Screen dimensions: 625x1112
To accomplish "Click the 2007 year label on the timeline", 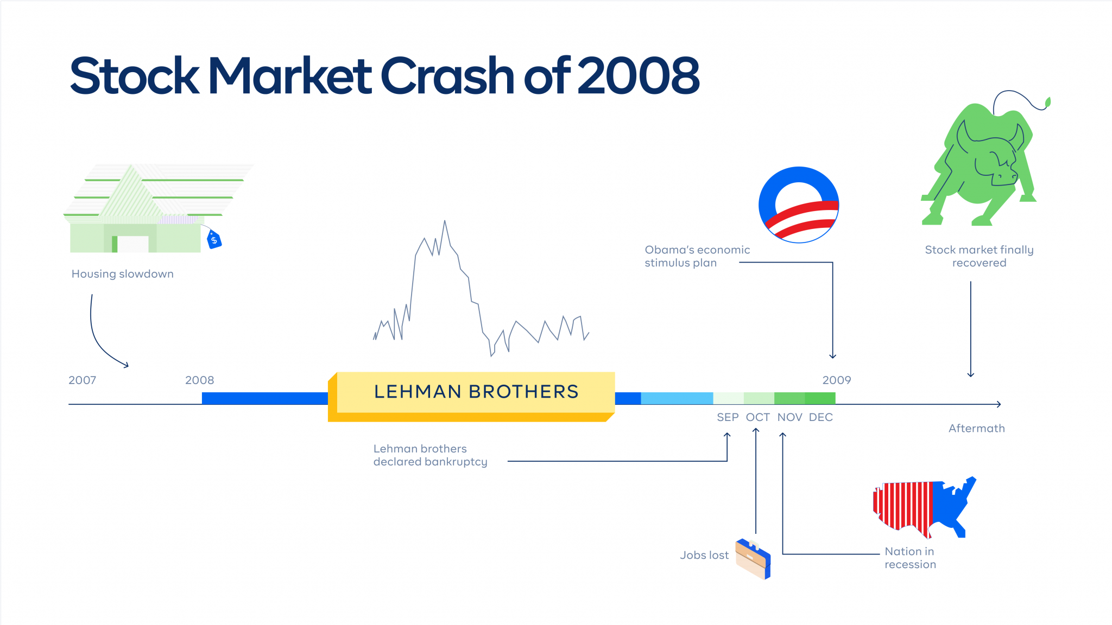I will pyautogui.click(x=82, y=380).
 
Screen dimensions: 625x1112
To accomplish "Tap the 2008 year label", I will pyautogui.click(x=199, y=380).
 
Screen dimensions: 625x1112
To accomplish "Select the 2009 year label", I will pyautogui.click(x=836, y=380).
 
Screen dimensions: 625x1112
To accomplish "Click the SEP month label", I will pyautogui.click(x=728, y=417).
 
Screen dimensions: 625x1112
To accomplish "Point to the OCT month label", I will pyautogui.click(x=757, y=417).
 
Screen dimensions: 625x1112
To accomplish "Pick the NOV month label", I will pyautogui.click(x=789, y=417).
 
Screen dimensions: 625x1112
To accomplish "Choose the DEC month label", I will pyautogui.click(x=820, y=417).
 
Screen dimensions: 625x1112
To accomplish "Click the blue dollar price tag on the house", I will pyautogui.click(x=214, y=239).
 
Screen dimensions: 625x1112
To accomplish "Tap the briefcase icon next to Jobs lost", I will pyautogui.click(x=753, y=559).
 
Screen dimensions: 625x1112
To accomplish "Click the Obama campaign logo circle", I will pyautogui.click(x=799, y=205).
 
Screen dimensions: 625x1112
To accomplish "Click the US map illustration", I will pyautogui.click(x=923, y=507).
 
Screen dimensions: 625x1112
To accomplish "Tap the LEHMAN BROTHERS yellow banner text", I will pyautogui.click(x=476, y=392).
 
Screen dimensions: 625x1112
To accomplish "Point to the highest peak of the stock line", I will pyautogui.click(x=445, y=221).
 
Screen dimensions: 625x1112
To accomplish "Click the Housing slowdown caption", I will pyautogui.click(x=123, y=274).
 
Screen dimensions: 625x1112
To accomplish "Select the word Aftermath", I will pyautogui.click(x=976, y=429).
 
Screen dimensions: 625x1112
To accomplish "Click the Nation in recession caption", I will pyautogui.click(x=910, y=558).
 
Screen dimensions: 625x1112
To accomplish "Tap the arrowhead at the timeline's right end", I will pyautogui.click(x=998, y=404).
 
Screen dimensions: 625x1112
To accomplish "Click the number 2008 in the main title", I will pyautogui.click(x=639, y=76).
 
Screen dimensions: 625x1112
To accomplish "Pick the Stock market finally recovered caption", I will pyautogui.click(x=979, y=256).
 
